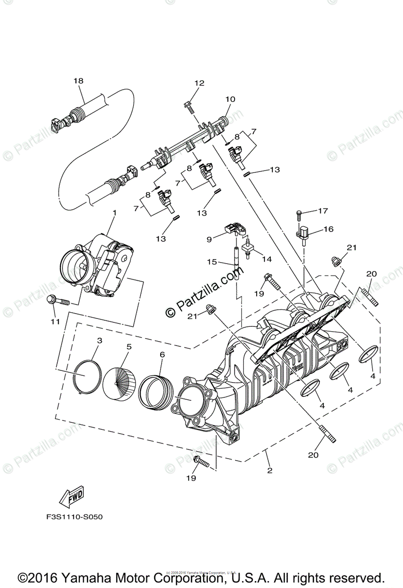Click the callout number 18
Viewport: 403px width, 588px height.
[79, 80]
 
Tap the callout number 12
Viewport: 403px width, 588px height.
[199, 83]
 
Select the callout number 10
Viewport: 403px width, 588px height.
[230, 99]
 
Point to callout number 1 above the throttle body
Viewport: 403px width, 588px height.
[114, 213]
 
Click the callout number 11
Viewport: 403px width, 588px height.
[54, 321]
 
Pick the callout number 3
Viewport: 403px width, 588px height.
[99, 340]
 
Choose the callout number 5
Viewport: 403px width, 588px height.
[129, 346]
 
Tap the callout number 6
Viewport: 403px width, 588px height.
[162, 354]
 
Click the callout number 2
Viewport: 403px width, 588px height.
[270, 470]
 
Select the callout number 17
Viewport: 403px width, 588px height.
[322, 211]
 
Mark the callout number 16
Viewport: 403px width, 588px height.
[328, 229]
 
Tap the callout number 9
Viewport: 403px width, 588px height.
[209, 239]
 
